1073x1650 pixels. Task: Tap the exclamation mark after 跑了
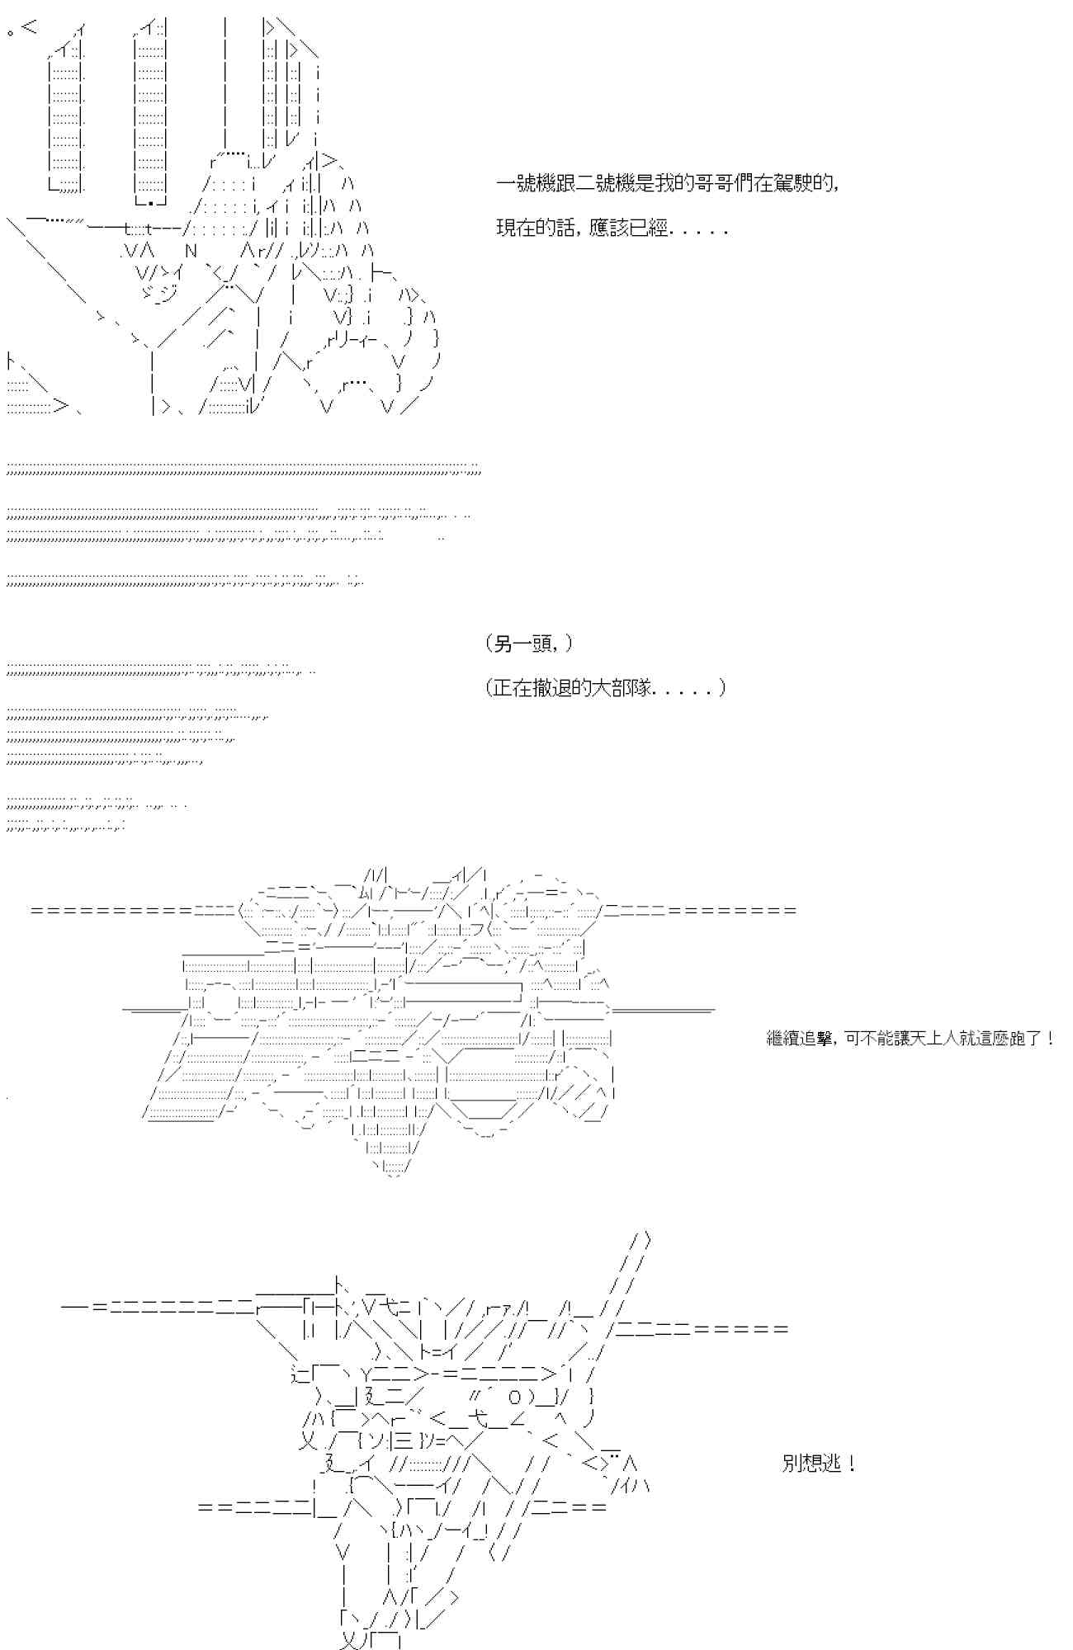pos(1049,1039)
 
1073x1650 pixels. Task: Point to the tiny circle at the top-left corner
pos(10,32)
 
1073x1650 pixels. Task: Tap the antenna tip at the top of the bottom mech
pos(646,1240)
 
